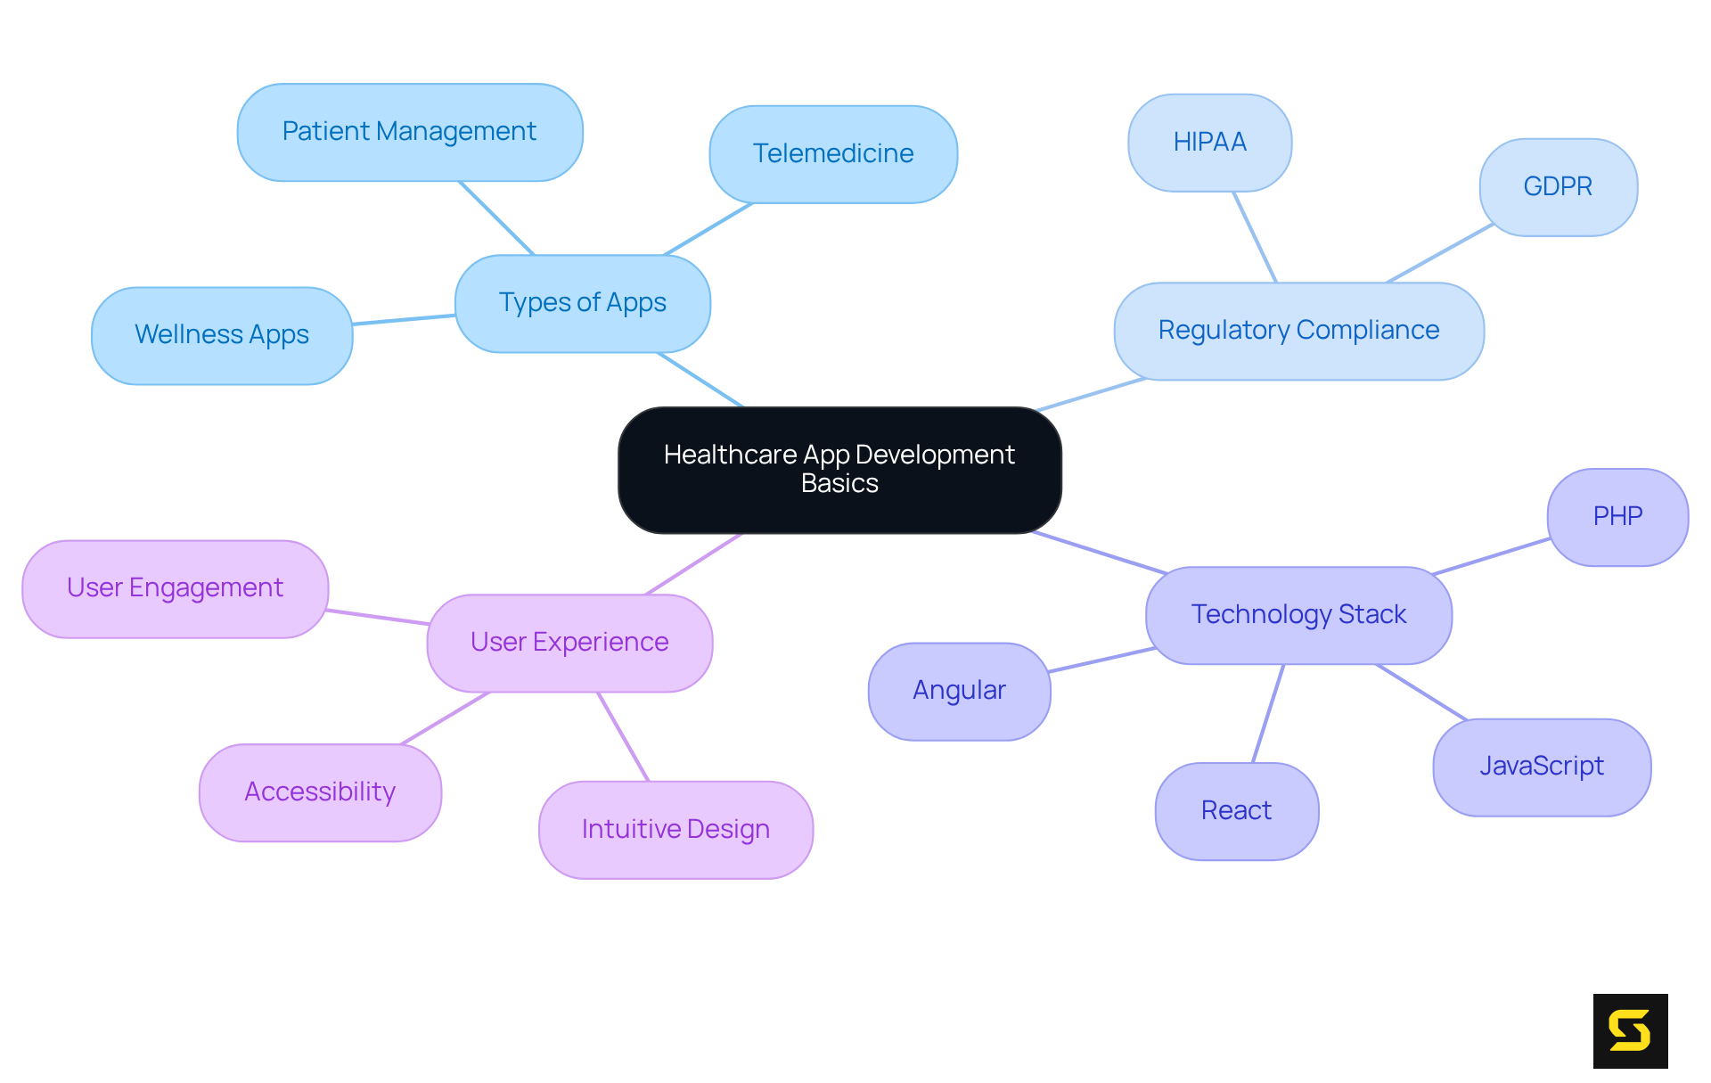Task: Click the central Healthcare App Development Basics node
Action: pyautogui.click(x=839, y=470)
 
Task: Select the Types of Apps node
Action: pyautogui.click(x=583, y=303)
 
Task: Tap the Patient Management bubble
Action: pyautogui.click(x=410, y=132)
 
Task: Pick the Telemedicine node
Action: pyautogui.click(x=833, y=154)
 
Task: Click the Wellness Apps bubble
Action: pyautogui.click(x=222, y=335)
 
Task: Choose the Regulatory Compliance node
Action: pyautogui.click(x=1298, y=331)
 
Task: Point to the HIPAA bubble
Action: pyautogui.click(x=1209, y=143)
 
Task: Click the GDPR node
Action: pyautogui.click(x=1558, y=187)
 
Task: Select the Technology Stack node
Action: pyautogui.click(x=1298, y=615)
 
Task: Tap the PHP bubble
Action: pyautogui.click(x=1617, y=517)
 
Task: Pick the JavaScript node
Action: pyautogui.click(x=1542, y=767)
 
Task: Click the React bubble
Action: pyautogui.click(x=1236, y=811)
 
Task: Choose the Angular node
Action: pyautogui.click(x=959, y=691)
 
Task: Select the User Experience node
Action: pyautogui.click(x=569, y=643)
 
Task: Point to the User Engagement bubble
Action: pyautogui.click(x=175, y=588)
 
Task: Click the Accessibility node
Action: pyautogui.click(x=320, y=792)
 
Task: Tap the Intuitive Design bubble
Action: pyautogui.click(x=675, y=830)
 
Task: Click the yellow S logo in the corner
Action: pyautogui.click(x=1630, y=1030)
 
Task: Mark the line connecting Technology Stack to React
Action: pyautogui.click(x=1268, y=713)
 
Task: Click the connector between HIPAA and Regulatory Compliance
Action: pyautogui.click(x=1255, y=237)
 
